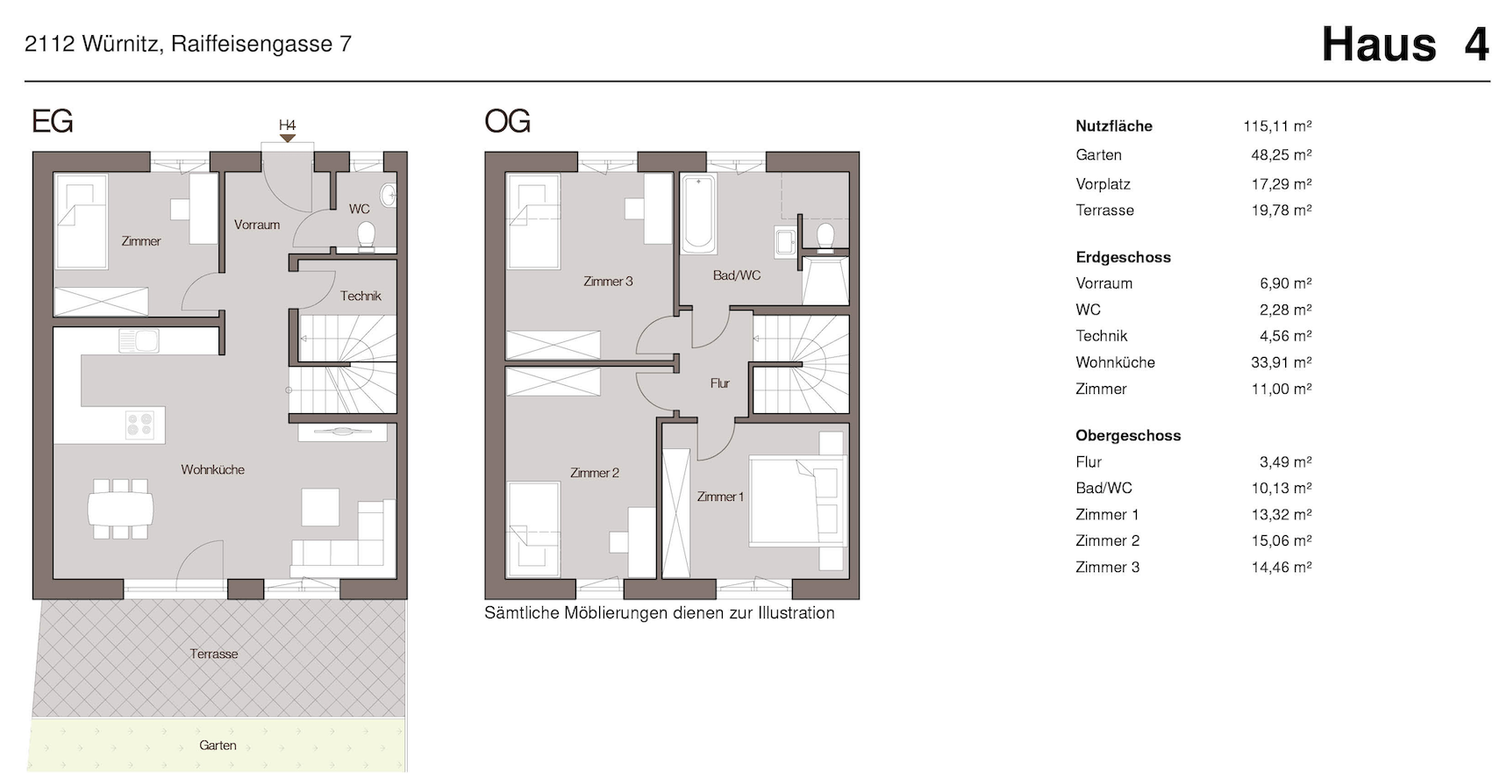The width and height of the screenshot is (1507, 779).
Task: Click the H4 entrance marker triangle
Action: [287, 138]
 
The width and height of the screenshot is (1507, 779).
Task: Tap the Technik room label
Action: [361, 297]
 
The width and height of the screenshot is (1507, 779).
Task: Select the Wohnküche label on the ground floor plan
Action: [212, 470]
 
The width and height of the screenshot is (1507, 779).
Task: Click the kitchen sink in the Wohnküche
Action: [139, 340]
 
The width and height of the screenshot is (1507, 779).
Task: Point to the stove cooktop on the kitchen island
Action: [139, 425]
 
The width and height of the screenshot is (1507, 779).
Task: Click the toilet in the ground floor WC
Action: [366, 236]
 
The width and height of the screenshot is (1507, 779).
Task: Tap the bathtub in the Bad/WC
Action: [699, 213]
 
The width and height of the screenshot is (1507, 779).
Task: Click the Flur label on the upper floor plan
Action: [720, 383]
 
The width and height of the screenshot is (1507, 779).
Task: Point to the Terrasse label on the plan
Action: [214, 654]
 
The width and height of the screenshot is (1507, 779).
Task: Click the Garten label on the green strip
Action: [218, 746]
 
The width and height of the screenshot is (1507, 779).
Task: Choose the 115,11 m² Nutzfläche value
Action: [1277, 126]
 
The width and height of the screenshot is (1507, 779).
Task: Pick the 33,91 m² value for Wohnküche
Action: [1282, 362]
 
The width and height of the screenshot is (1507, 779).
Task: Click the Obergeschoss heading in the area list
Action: [1128, 436]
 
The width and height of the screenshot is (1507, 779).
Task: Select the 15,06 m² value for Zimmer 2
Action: [1282, 541]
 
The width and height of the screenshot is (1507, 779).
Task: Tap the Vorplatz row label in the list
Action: [1103, 184]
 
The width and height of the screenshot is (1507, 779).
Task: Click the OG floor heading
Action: [507, 121]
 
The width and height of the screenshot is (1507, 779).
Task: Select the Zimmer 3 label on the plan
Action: [608, 282]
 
